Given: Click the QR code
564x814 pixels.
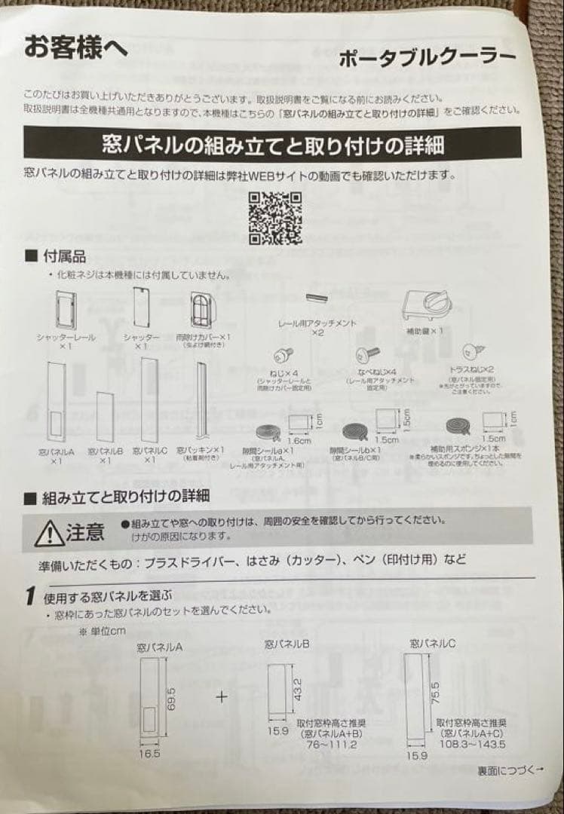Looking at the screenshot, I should tap(275, 219).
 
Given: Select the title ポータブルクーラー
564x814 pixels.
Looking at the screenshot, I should tap(427, 59).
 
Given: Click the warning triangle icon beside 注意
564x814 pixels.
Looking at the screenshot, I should tap(48, 534).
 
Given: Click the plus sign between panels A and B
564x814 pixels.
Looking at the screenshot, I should tap(222, 696).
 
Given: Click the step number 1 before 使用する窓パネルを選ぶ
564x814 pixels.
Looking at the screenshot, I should tap(29, 596).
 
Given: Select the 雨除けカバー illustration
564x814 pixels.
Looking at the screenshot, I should tap(200, 308).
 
